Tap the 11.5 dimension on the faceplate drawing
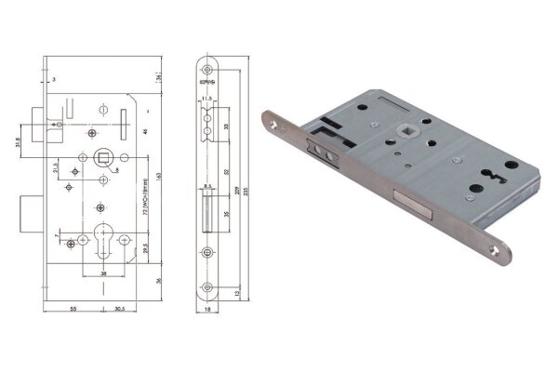[x=208, y=97]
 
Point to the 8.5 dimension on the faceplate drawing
[x=208, y=187]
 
